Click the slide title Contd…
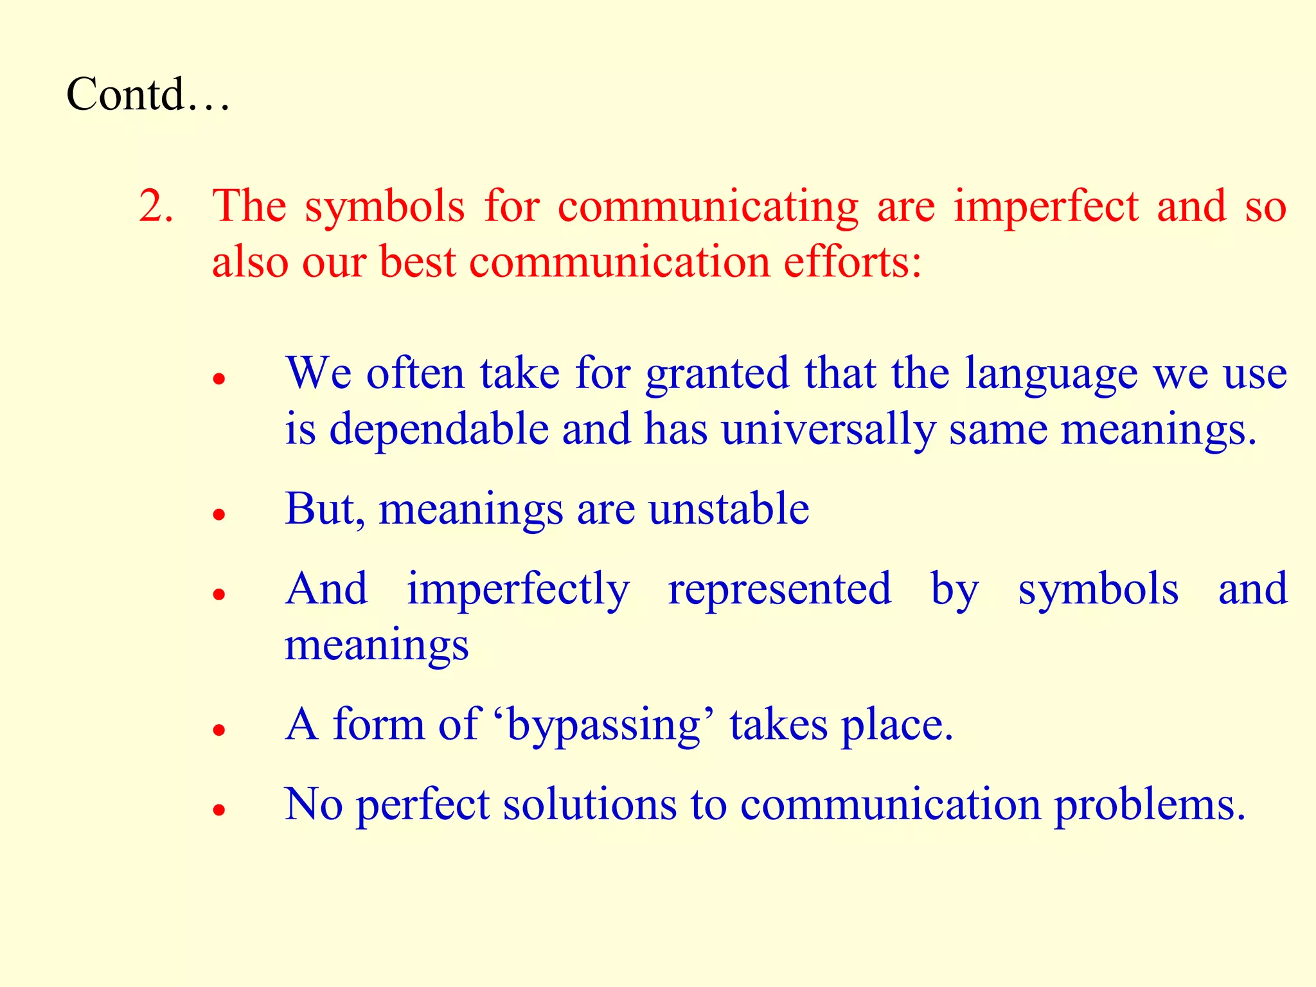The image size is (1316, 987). [148, 94]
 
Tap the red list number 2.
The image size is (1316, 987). [156, 206]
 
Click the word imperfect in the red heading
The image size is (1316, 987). [1045, 206]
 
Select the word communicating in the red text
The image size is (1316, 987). [707, 208]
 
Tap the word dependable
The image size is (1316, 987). [439, 429]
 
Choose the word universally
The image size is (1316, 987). [828, 430]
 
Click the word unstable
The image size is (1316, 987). [729, 509]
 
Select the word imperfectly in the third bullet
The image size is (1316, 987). [518, 589]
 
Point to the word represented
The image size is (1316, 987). [779, 589]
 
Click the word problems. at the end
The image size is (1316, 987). [1150, 805]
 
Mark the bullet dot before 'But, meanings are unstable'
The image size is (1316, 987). [220, 514]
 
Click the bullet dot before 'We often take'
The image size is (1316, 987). [220, 378]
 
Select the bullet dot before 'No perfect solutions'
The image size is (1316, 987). [220, 810]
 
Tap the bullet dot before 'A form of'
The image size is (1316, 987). [220, 729]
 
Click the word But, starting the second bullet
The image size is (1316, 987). [325, 509]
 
